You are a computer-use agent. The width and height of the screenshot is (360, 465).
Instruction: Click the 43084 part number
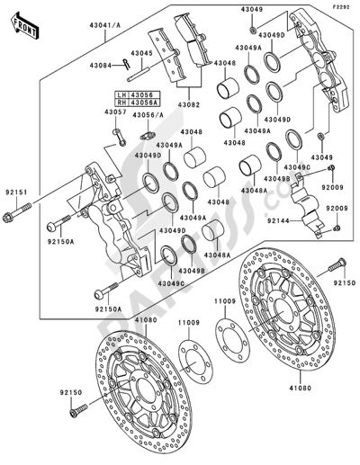[x=102, y=66]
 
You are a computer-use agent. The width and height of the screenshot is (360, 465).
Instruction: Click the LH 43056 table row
[x=132, y=94]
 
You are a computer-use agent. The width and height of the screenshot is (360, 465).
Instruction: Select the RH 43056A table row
[x=132, y=103]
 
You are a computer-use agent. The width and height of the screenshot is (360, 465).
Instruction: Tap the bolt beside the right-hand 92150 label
[x=338, y=266]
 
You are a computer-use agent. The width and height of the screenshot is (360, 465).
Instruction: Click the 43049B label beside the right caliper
[x=277, y=179]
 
